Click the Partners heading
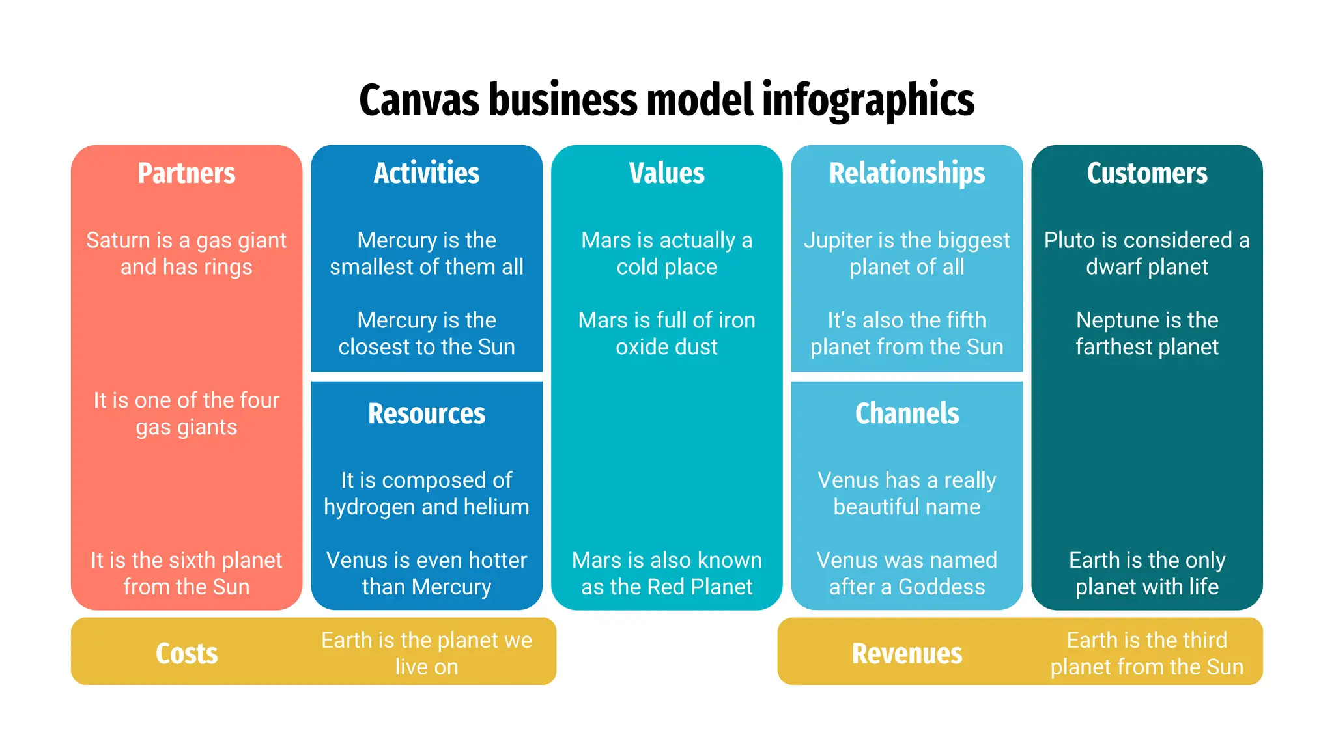click(x=186, y=173)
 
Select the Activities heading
click(x=427, y=173)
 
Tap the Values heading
click(x=666, y=173)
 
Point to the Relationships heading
click(x=907, y=173)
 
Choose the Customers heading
click(x=1146, y=173)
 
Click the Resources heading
click(x=427, y=413)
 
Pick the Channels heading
click(x=907, y=413)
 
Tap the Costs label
click(x=186, y=653)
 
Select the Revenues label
click(x=907, y=653)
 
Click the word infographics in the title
click(x=868, y=101)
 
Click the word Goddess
click(x=941, y=587)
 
